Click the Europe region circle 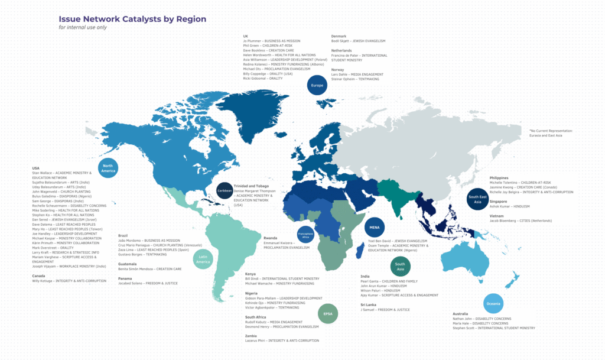(317, 86)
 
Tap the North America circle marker (108, 167)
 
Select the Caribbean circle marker (225, 191)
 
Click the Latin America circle (203, 259)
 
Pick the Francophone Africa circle (305, 235)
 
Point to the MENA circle (375, 228)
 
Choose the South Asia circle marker (400, 265)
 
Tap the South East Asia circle (477, 199)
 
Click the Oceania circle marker (493, 303)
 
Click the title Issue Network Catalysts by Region (132, 19)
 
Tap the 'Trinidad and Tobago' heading (255, 186)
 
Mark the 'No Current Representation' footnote (551, 131)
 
